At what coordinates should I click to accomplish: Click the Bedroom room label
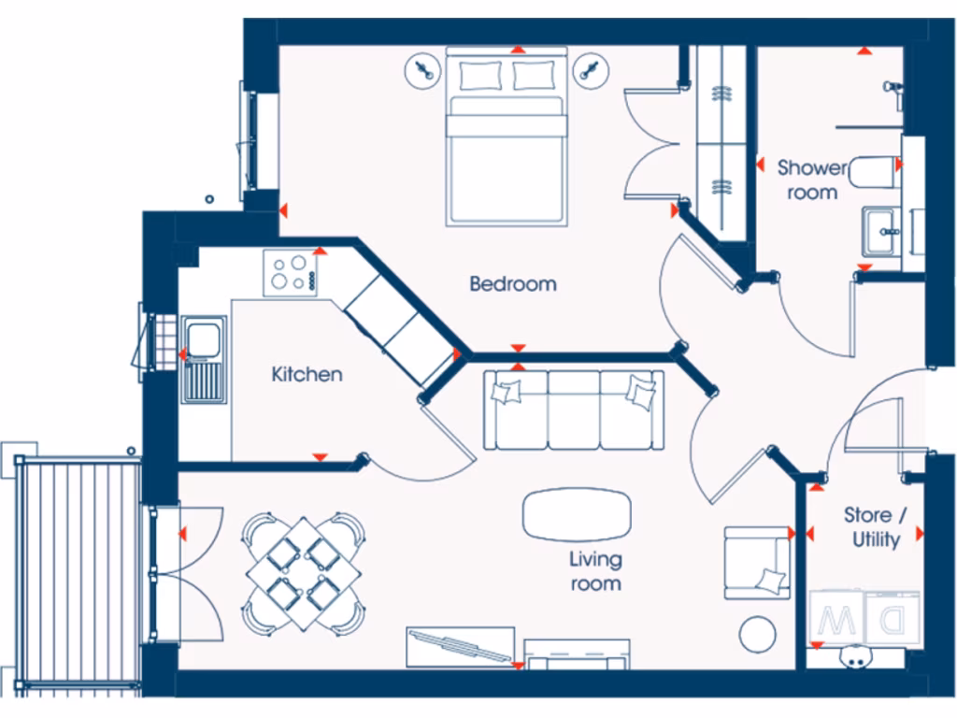point(512,283)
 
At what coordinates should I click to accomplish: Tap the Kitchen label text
point(307,375)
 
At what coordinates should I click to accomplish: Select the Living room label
point(595,571)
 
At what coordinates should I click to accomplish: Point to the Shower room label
point(812,180)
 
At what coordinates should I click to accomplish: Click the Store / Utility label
point(876,527)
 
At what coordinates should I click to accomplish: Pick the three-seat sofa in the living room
point(574,409)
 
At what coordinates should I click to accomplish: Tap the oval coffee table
point(577,514)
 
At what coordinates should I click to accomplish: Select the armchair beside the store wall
point(757,563)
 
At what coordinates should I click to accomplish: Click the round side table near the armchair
point(757,635)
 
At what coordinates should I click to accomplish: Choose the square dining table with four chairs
point(304,572)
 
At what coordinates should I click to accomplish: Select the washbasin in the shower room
point(881,230)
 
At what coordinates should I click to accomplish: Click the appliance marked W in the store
point(836,618)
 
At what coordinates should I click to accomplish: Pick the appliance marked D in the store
point(891,618)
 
